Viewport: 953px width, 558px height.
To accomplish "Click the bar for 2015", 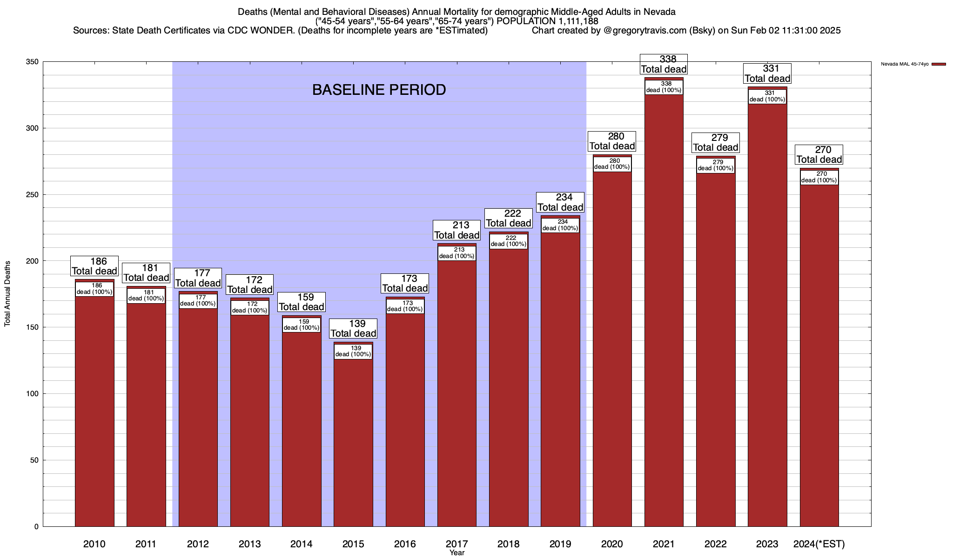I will [x=353, y=442].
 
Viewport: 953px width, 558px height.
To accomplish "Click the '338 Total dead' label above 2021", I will [x=664, y=64].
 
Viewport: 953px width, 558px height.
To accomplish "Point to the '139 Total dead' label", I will [x=353, y=329].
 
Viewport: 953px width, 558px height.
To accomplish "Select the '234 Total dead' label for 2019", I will [x=560, y=202].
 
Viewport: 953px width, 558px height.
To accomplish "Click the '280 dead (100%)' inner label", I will [x=612, y=164].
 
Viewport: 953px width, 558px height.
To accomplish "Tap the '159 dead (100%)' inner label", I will [x=302, y=325].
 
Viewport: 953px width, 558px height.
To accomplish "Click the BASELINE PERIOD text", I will [x=379, y=90].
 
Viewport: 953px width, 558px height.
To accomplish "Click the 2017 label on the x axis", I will [x=456, y=544].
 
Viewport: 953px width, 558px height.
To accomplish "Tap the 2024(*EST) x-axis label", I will [x=819, y=544].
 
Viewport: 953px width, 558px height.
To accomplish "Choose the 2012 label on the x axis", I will [x=198, y=544].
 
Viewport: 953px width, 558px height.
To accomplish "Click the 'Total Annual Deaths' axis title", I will [x=8, y=293].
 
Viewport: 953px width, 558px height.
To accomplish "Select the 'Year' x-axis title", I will [x=457, y=553].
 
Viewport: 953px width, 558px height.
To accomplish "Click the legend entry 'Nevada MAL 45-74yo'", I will [x=905, y=64].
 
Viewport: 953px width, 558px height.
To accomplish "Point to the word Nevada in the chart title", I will [x=660, y=12].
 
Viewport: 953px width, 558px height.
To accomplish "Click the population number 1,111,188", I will [x=570, y=21].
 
